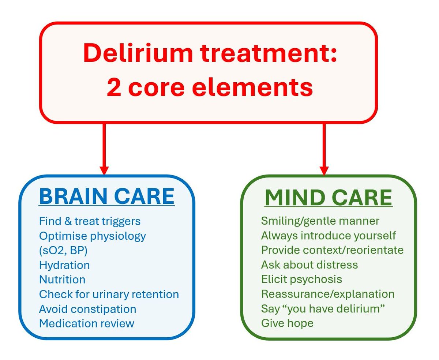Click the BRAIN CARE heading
pos(106,196)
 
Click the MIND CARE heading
pos(328,198)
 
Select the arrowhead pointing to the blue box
pos(104,170)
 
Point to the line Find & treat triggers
pos(90,221)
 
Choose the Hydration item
pos(64,265)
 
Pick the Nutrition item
pos(62,280)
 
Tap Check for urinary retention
pos(109,294)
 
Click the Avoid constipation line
pos(87,309)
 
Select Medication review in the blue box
pos(87,323)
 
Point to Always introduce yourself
pos(328,236)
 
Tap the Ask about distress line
pos(309,265)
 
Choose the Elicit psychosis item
pos(301,280)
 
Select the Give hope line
pos(287,323)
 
